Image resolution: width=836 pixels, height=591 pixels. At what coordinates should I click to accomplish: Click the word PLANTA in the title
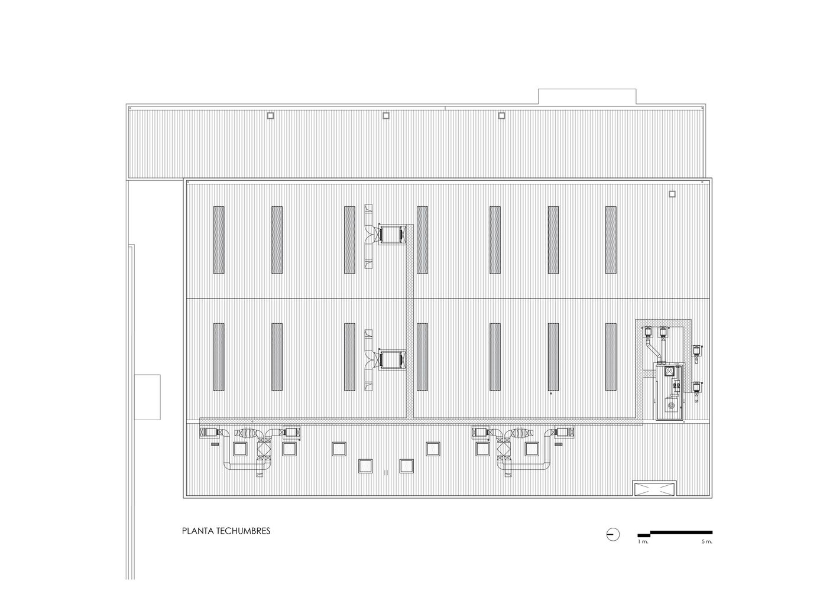194,531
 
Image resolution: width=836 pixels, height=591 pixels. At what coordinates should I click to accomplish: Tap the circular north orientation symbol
613,535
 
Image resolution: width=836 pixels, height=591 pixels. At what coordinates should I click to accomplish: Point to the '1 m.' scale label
643,541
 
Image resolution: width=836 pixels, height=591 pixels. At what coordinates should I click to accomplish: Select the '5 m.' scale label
707,541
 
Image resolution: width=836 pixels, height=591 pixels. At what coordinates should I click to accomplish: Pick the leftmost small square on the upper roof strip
271,116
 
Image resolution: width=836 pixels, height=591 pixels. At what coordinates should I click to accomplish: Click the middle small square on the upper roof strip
386,116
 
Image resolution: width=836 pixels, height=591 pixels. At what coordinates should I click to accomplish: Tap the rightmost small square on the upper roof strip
501,116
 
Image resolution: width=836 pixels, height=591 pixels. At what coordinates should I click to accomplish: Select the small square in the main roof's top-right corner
672,194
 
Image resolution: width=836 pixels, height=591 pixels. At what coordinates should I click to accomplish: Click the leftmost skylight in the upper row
219,240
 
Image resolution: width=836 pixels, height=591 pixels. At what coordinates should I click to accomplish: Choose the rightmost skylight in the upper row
611,240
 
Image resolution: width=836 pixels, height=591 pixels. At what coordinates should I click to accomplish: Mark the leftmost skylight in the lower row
219,357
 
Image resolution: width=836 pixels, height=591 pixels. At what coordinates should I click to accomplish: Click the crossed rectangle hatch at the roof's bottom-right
655,488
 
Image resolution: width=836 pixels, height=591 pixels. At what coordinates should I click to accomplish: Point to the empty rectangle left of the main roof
147,397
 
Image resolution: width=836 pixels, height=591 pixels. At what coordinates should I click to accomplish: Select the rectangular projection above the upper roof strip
587,97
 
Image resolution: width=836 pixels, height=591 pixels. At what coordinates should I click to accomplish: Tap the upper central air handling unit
392,234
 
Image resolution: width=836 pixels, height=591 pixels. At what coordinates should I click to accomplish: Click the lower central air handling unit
392,360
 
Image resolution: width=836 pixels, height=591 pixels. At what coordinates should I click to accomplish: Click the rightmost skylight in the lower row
611,357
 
